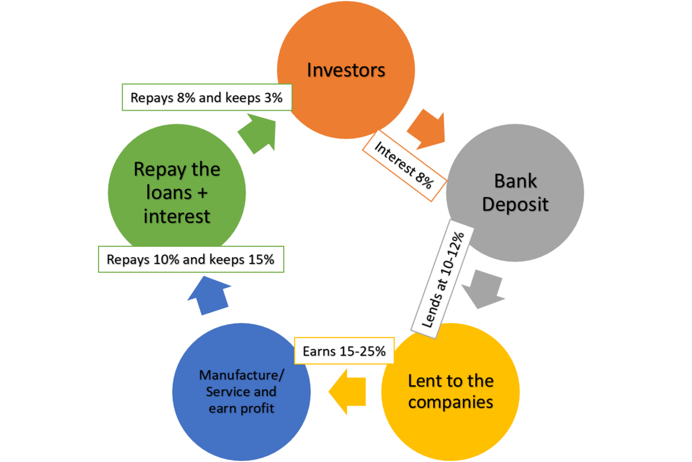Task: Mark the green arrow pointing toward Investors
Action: pyautogui.click(x=257, y=133)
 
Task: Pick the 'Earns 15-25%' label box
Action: pyautogui.click(x=344, y=351)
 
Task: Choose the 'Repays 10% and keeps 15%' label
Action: pyautogui.click(x=190, y=260)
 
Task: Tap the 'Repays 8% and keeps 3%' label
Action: pyautogui.click(x=206, y=97)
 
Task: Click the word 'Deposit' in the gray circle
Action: pyautogui.click(x=515, y=205)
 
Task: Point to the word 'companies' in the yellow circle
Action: pyautogui.click(x=450, y=401)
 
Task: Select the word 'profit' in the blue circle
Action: pyautogui.click(x=257, y=409)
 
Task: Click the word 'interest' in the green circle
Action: pyautogui.click(x=177, y=216)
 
